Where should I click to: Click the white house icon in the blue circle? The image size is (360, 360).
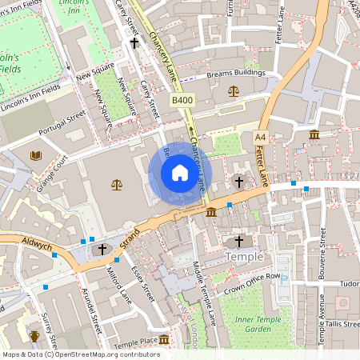pyautogui.click(x=179, y=173)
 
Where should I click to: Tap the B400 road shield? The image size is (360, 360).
pyautogui.click(x=182, y=100)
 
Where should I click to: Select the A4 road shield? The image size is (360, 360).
pyautogui.click(x=260, y=138)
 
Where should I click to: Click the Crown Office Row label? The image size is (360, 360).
pyautogui.click(x=252, y=284)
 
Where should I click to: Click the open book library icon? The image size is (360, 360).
pyautogui.click(x=35, y=155)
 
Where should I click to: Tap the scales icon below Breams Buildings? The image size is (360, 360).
pyautogui.click(x=234, y=91)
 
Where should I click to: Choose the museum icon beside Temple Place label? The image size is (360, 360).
pyautogui.click(x=164, y=341)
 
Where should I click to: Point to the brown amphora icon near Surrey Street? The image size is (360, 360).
pyautogui.click(x=34, y=337)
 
